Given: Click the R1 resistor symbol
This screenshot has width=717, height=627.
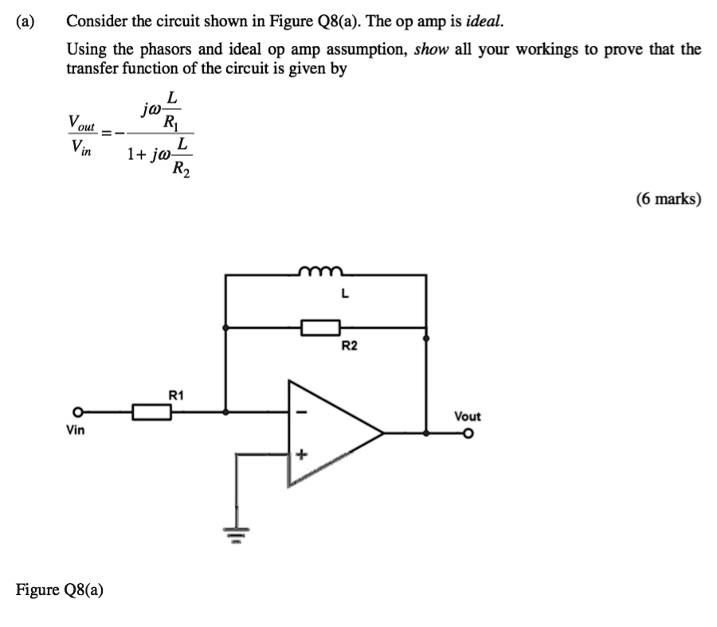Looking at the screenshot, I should click(151, 412).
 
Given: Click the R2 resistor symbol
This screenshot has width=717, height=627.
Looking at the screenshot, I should click(320, 327).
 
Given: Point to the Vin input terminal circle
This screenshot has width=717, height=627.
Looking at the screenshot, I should click(77, 412).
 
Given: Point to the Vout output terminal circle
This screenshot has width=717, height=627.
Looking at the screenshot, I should click(470, 434).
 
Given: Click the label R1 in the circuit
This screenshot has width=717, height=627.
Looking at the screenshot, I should click(176, 394).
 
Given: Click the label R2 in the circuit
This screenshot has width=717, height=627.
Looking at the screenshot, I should click(350, 346).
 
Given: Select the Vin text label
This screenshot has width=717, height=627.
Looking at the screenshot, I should click(76, 430).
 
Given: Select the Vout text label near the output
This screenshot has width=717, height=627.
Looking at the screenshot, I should click(468, 416).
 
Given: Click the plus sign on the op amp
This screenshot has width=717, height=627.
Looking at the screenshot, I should click(301, 455).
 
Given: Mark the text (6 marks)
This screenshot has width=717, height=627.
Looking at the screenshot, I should click(668, 199).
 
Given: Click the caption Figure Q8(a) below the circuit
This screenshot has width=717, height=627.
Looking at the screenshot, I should click(60, 590).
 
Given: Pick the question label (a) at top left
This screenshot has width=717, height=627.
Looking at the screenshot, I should click(25, 21).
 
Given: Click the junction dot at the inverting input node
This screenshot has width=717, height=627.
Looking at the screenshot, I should click(227, 412).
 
